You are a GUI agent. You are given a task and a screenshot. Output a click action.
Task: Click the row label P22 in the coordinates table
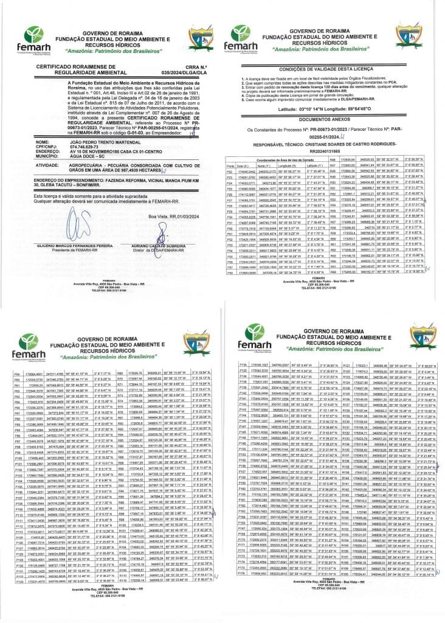click(230, 172)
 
